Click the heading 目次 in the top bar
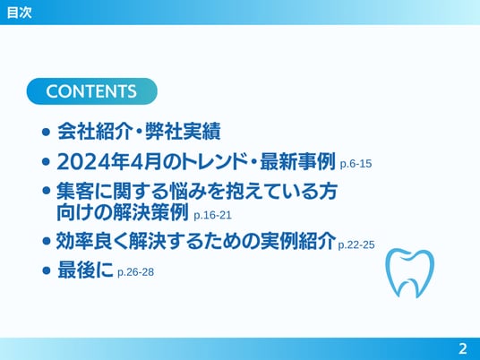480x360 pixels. (x=20, y=13)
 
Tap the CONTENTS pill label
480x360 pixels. (x=92, y=91)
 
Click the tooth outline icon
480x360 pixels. (x=409, y=273)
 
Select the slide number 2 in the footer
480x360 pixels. (x=463, y=349)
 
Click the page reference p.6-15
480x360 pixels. (x=356, y=164)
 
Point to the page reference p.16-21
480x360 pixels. (x=212, y=215)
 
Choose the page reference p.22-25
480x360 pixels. (x=356, y=244)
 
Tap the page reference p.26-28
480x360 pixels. (x=135, y=272)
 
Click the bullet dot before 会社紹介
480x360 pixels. (x=47, y=133)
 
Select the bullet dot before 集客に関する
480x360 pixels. (x=47, y=191)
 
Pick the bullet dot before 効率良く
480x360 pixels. (x=47, y=241)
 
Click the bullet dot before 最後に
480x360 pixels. (x=47, y=270)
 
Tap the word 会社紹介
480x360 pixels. (x=95, y=132)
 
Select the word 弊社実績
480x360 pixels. (x=183, y=132)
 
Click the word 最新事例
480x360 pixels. (x=297, y=161)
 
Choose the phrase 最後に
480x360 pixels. (x=85, y=270)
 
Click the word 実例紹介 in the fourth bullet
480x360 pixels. (x=298, y=241)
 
